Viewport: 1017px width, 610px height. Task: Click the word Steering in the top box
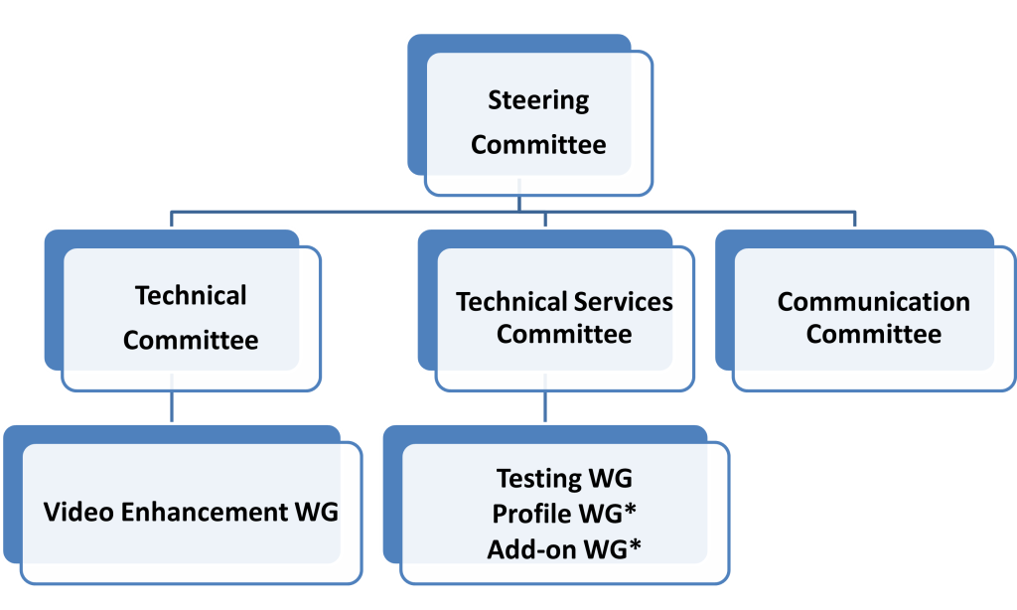538,101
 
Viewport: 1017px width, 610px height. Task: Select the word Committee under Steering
538,145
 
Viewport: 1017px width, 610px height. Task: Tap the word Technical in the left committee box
191,296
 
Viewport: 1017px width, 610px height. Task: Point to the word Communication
874,302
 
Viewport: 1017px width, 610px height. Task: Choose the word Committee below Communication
874,334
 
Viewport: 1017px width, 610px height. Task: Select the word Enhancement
205,512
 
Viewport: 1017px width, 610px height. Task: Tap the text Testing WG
564,478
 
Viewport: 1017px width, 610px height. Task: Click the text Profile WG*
564,514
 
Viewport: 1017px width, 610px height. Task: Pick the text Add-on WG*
564,549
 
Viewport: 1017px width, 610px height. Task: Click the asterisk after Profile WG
630,510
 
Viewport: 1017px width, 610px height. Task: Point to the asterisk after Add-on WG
635,545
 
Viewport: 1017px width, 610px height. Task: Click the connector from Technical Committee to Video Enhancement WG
171,397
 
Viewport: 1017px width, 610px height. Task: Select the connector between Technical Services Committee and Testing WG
545,397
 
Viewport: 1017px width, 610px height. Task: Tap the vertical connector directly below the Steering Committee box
518,196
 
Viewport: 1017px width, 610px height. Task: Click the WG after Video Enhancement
317,512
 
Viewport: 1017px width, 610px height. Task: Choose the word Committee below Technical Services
564,334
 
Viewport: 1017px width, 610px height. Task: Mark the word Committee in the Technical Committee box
191,340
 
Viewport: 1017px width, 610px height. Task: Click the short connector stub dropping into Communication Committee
855,220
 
